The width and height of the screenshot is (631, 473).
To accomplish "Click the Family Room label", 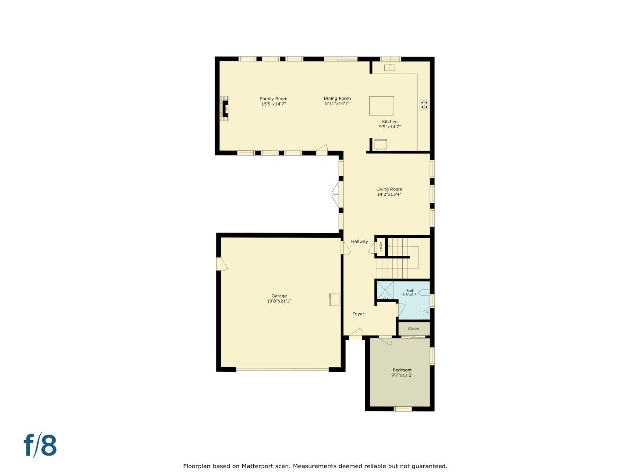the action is (x=273, y=99).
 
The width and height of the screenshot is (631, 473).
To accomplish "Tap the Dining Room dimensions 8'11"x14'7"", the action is (x=337, y=104).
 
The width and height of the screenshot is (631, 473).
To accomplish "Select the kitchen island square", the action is (x=382, y=106).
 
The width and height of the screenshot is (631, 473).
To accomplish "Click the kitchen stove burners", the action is (x=423, y=105).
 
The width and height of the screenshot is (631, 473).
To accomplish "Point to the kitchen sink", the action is (x=390, y=67).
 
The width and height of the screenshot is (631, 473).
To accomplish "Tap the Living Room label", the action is (x=389, y=189).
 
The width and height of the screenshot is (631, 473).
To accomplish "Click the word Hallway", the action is (x=359, y=241).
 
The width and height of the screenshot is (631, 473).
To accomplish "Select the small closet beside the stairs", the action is (x=381, y=247).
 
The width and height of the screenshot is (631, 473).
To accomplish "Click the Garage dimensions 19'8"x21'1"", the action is (x=279, y=301).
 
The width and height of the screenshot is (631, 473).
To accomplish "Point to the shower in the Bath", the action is (x=385, y=290).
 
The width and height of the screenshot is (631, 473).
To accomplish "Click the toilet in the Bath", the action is (x=425, y=293).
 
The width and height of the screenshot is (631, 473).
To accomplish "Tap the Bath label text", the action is (x=410, y=291).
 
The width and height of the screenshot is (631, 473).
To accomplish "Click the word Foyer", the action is (x=358, y=314).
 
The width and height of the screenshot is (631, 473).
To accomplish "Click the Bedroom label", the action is (x=402, y=370).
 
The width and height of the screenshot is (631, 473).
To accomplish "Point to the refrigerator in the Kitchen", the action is (x=380, y=144).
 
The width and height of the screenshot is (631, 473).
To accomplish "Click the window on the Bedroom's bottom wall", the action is (x=403, y=409).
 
